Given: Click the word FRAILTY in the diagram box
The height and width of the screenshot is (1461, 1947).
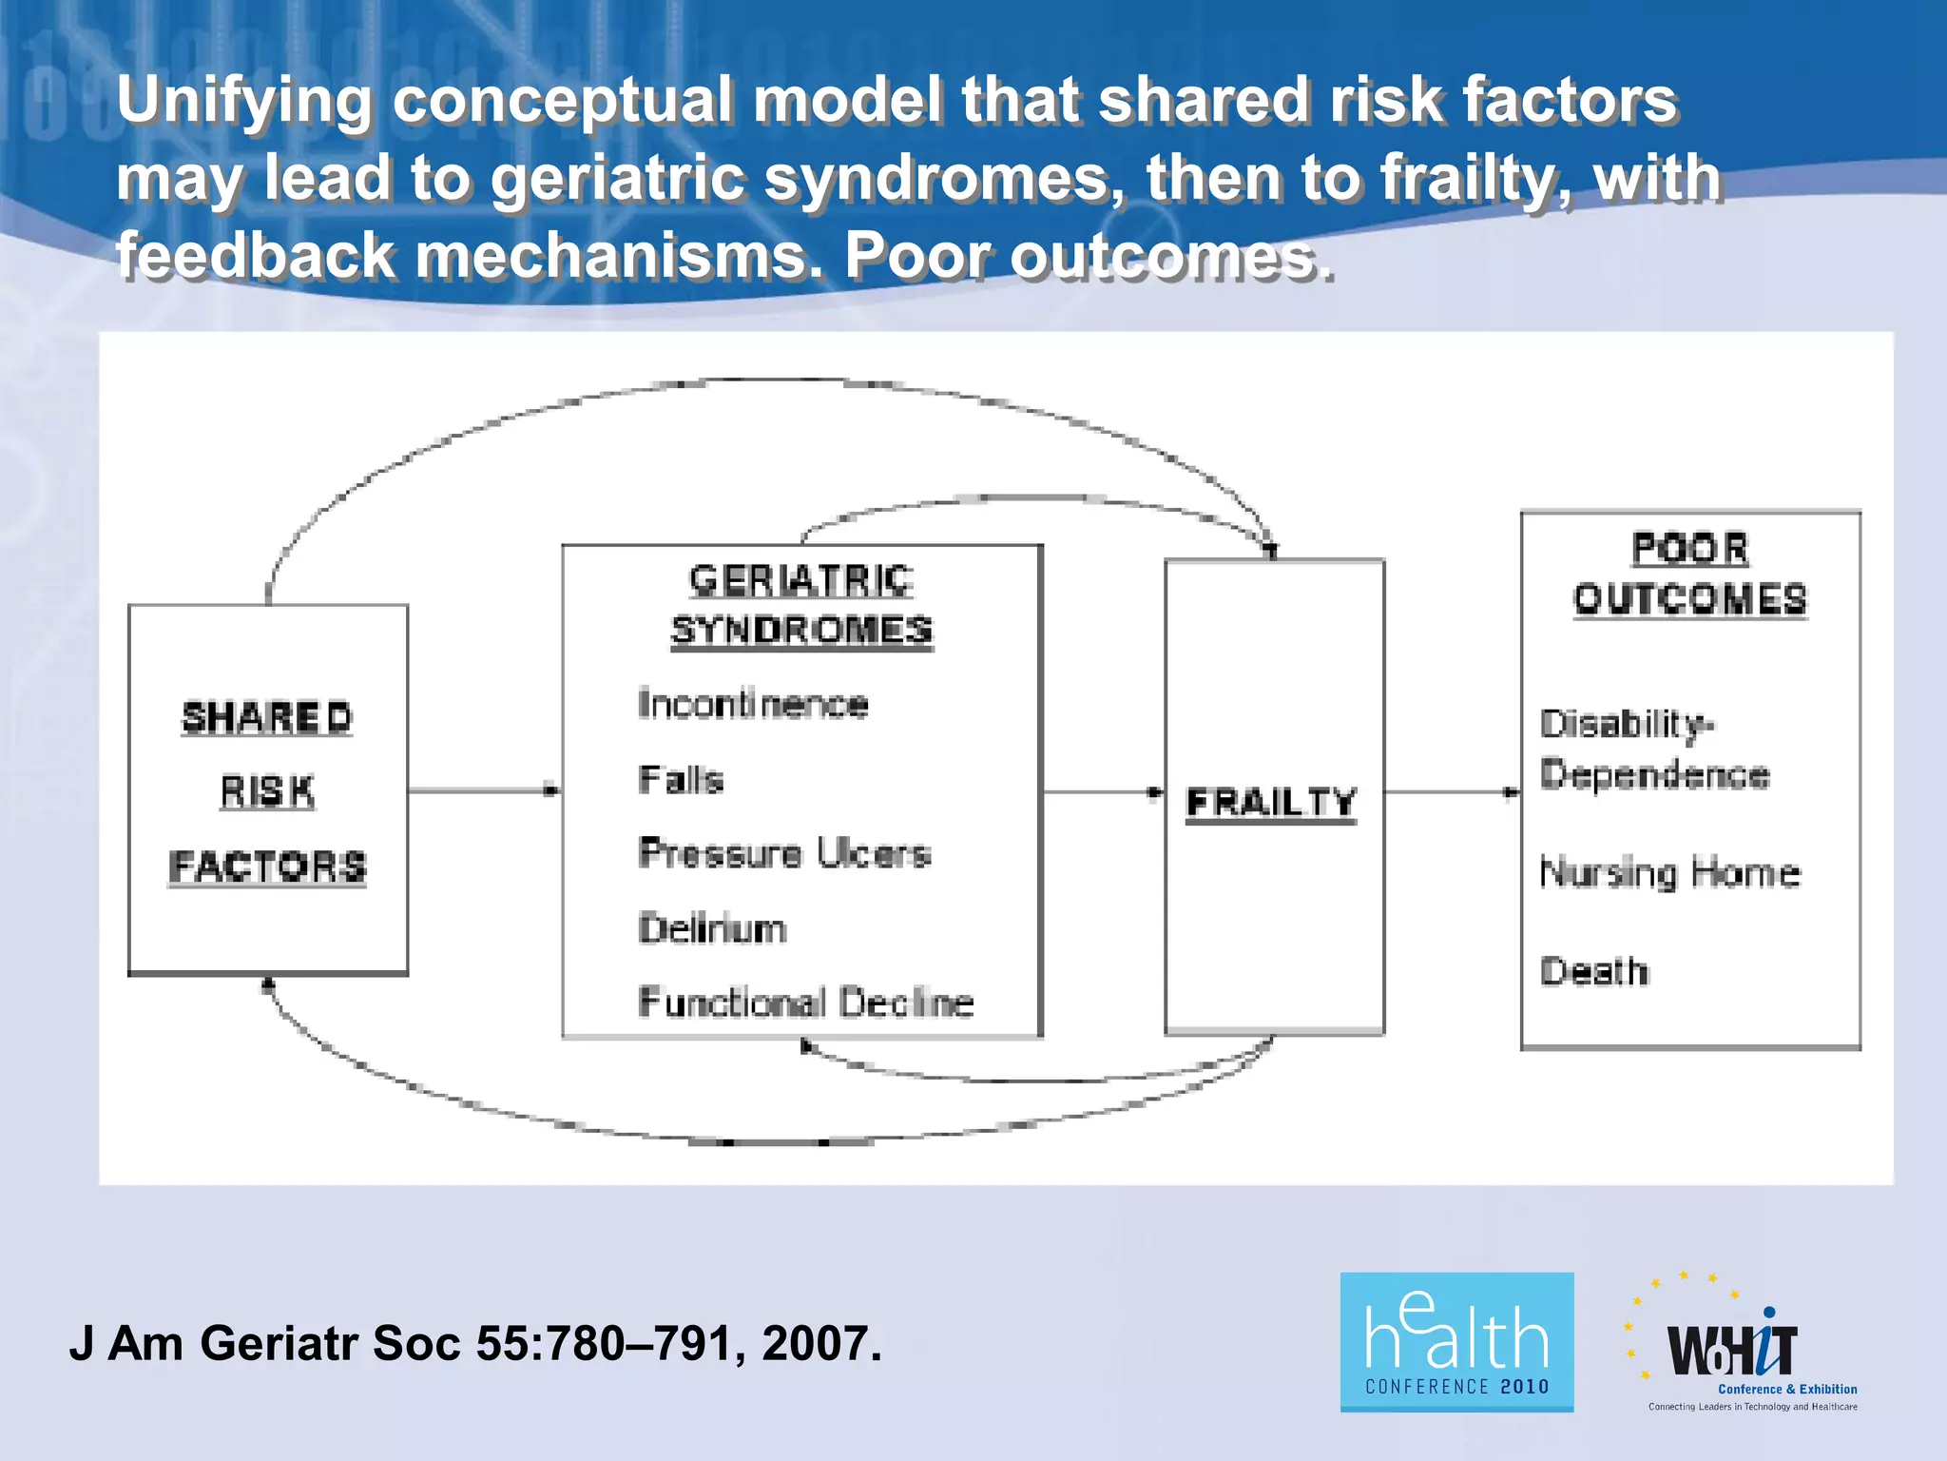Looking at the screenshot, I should [1271, 802].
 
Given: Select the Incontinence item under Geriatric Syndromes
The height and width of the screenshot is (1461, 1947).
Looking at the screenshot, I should [753, 704].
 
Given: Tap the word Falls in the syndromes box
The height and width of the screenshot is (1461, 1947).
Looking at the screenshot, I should [681, 779].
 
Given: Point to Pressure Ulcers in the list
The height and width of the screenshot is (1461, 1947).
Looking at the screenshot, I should [784, 853].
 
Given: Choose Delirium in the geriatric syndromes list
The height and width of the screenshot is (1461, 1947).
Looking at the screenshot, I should [713, 928].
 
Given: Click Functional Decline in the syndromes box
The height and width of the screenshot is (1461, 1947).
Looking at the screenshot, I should [806, 1003].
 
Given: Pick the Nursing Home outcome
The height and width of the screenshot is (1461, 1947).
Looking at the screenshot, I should [1670, 873].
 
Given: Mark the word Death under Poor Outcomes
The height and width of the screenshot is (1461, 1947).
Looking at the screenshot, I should [1594, 971].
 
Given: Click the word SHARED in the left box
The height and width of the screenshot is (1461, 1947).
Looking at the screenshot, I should [267, 717].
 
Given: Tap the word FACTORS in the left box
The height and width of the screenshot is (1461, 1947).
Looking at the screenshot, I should [267, 867].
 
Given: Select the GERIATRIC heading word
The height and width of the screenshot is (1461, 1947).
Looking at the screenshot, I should [801, 580].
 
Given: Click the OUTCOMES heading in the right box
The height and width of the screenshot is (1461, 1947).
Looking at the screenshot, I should [1690, 599].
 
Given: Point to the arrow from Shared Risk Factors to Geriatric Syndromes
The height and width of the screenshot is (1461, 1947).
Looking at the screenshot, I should [484, 790].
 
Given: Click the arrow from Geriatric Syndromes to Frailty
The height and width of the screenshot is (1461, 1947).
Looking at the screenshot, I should [1103, 791].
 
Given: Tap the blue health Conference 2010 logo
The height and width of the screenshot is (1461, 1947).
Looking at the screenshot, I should [1456, 1341].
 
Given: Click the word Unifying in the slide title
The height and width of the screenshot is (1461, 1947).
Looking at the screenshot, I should [243, 100].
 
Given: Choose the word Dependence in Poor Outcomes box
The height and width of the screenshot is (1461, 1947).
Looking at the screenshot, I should [1655, 774].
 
